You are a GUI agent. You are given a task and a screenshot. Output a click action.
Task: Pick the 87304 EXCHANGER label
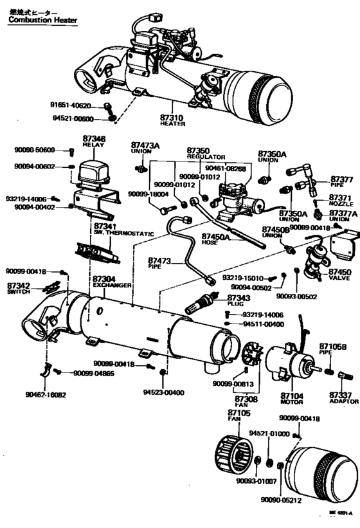112,281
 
